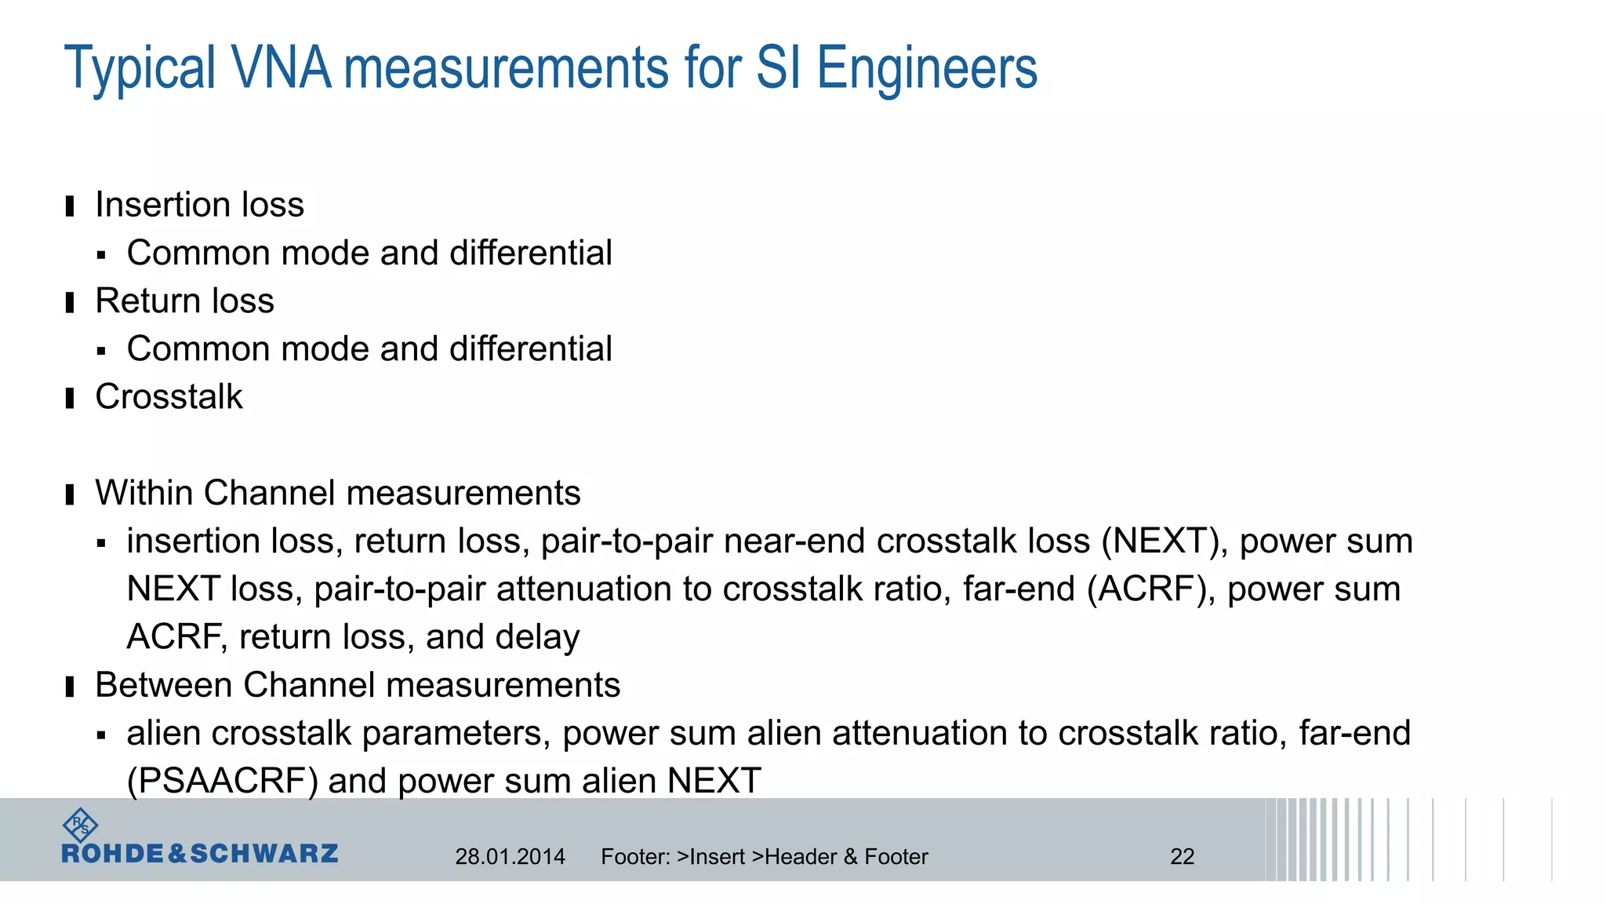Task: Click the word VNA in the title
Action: click(x=282, y=67)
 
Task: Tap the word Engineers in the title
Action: click(x=927, y=69)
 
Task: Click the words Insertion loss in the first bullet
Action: click(x=199, y=205)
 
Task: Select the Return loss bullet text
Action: click(x=184, y=301)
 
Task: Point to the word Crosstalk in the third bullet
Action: click(x=169, y=397)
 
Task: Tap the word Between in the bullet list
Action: click(x=164, y=685)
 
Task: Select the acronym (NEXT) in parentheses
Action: click(x=1165, y=541)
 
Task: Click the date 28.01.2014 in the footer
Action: click(x=510, y=857)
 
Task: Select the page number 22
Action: click(x=1182, y=857)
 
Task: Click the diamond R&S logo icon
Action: click(x=80, y=826)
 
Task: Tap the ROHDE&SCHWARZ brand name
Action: click(x=200, y=854)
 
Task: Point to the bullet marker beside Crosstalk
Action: click(x=70, y=399)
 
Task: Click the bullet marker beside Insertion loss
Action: click(x=70, y=206)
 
